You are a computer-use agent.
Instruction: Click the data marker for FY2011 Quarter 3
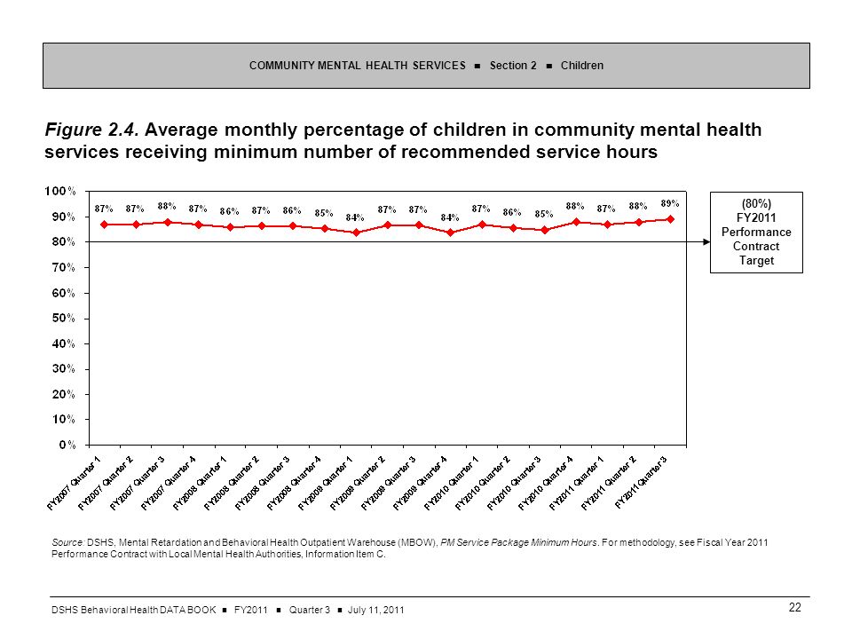(670, 219)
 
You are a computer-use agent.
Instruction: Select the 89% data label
(669, 203)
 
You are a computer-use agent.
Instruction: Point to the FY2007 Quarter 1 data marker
(105, 225)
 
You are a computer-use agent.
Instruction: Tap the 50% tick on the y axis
(64, 318)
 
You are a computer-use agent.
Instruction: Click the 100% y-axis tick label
(60, 191)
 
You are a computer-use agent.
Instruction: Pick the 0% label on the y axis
(67, 445)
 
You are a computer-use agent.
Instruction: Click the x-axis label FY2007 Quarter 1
(75, 483)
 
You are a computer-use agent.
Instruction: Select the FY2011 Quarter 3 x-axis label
(641, 482)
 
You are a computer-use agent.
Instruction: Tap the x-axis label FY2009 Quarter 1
(326, 483)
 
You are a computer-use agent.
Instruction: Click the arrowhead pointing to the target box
(706, 241)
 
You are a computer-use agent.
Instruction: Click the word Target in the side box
(756, 260)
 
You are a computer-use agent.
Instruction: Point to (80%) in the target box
(756, 204)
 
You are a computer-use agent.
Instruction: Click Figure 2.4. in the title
(92, 130)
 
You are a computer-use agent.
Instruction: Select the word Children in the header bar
(582, 65)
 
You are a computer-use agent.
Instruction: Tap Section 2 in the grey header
(513, 65)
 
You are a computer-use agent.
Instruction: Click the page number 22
(795, 607)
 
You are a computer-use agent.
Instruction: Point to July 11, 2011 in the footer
(376, 610)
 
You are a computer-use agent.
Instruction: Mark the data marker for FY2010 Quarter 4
(576, 222)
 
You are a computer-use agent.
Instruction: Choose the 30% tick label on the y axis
(64, 368)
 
